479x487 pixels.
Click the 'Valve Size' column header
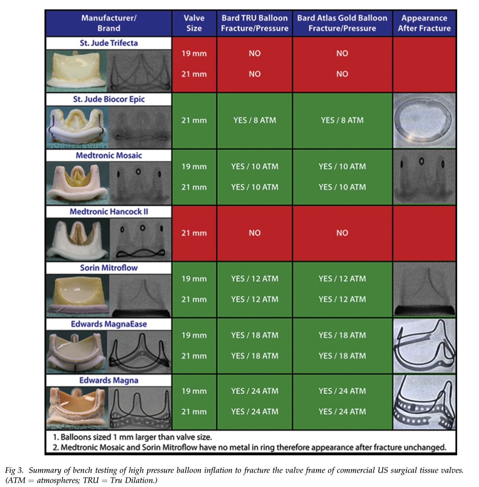tap(194, 23)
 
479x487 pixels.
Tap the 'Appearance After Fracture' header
tap(424, 23)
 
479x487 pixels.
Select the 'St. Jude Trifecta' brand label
tap(109, 43)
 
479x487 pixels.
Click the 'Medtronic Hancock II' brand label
tap(109, 212)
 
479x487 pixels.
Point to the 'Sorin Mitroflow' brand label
tap(109, 268)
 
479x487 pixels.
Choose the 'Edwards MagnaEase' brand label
tap(109, 324)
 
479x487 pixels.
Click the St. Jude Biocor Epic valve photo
tap(77, 127)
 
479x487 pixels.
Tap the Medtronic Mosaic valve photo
tap(77, 183)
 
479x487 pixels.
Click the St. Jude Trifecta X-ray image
tap(139, 71)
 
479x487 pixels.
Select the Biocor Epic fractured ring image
tap(424, 121)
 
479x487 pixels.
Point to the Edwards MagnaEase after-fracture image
tap(424, 346)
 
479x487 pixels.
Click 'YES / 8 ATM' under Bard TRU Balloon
tap(255, 120)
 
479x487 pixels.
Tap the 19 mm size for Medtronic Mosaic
tap(194, 167)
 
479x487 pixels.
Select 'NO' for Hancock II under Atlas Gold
tap(342, 233)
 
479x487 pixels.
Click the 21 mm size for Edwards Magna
tap(194, 412)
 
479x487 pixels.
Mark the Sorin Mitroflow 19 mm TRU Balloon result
tap(255, 279)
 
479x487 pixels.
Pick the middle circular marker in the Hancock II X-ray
tap(142, 228)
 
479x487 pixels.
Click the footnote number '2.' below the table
tap(56, 448)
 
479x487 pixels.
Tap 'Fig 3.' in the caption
tap(14, 470)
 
